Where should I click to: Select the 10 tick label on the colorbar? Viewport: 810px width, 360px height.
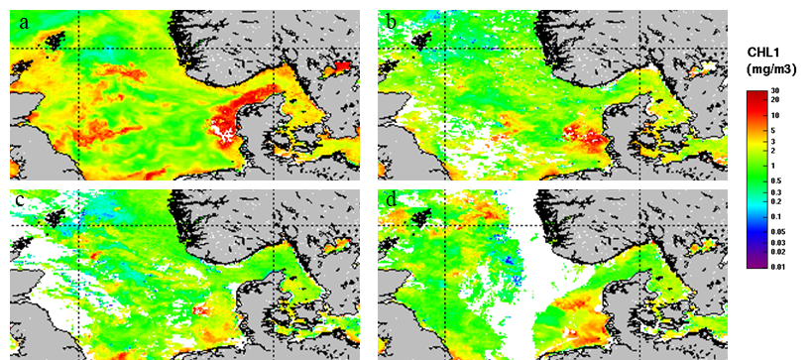775,115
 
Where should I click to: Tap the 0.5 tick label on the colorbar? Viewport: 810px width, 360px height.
775,180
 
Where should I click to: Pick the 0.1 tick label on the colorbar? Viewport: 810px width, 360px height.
775,215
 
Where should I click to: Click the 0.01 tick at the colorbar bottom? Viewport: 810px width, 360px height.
775,264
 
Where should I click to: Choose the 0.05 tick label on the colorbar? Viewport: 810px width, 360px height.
775,230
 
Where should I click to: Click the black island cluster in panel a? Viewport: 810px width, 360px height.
55,38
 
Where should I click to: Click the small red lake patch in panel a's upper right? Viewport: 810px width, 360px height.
342,66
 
